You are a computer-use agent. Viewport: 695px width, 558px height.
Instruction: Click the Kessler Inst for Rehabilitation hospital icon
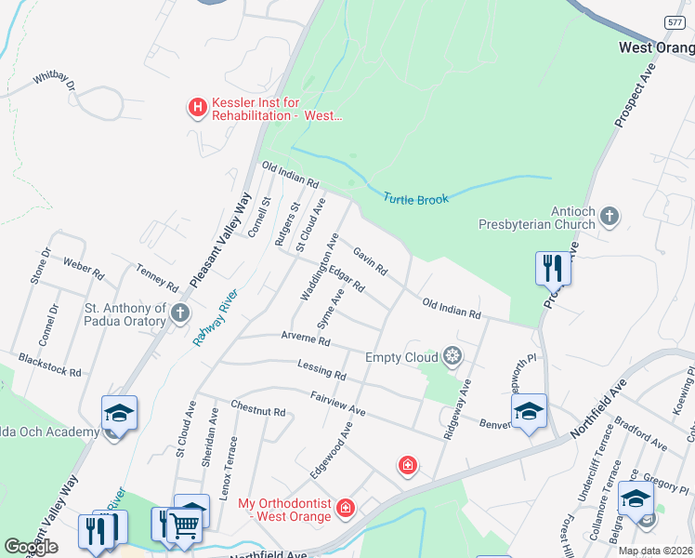(x=197, y=108)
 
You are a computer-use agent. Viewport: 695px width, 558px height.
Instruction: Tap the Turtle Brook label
(x=416, y=199)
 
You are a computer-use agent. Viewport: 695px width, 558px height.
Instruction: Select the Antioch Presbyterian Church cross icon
(x=609, y=218)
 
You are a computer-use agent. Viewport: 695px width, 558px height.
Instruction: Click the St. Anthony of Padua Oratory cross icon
(x=180, y=314)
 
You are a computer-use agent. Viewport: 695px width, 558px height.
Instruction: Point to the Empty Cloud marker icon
(x=452, y=356)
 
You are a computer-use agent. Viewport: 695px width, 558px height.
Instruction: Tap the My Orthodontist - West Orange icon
(x=346, y=508)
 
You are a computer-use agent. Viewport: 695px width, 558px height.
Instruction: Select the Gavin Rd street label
(x=369, y=259)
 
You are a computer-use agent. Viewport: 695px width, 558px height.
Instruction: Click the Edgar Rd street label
(x=346, y=278)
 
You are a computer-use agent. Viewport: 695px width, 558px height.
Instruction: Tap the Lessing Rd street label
(x=321, y=370)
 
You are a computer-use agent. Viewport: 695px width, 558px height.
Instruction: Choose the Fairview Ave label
(x=338, y=404)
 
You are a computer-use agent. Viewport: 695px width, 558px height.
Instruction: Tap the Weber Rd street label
(x=84, y=269)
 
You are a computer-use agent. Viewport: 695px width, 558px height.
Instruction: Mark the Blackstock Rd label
(x=49, y=364)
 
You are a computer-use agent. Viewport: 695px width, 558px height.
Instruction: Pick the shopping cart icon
(x=184, y=525)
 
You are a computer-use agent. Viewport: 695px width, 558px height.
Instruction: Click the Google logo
(x=31, y=547)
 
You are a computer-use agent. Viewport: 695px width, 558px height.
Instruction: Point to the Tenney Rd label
(x=156, y=276)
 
